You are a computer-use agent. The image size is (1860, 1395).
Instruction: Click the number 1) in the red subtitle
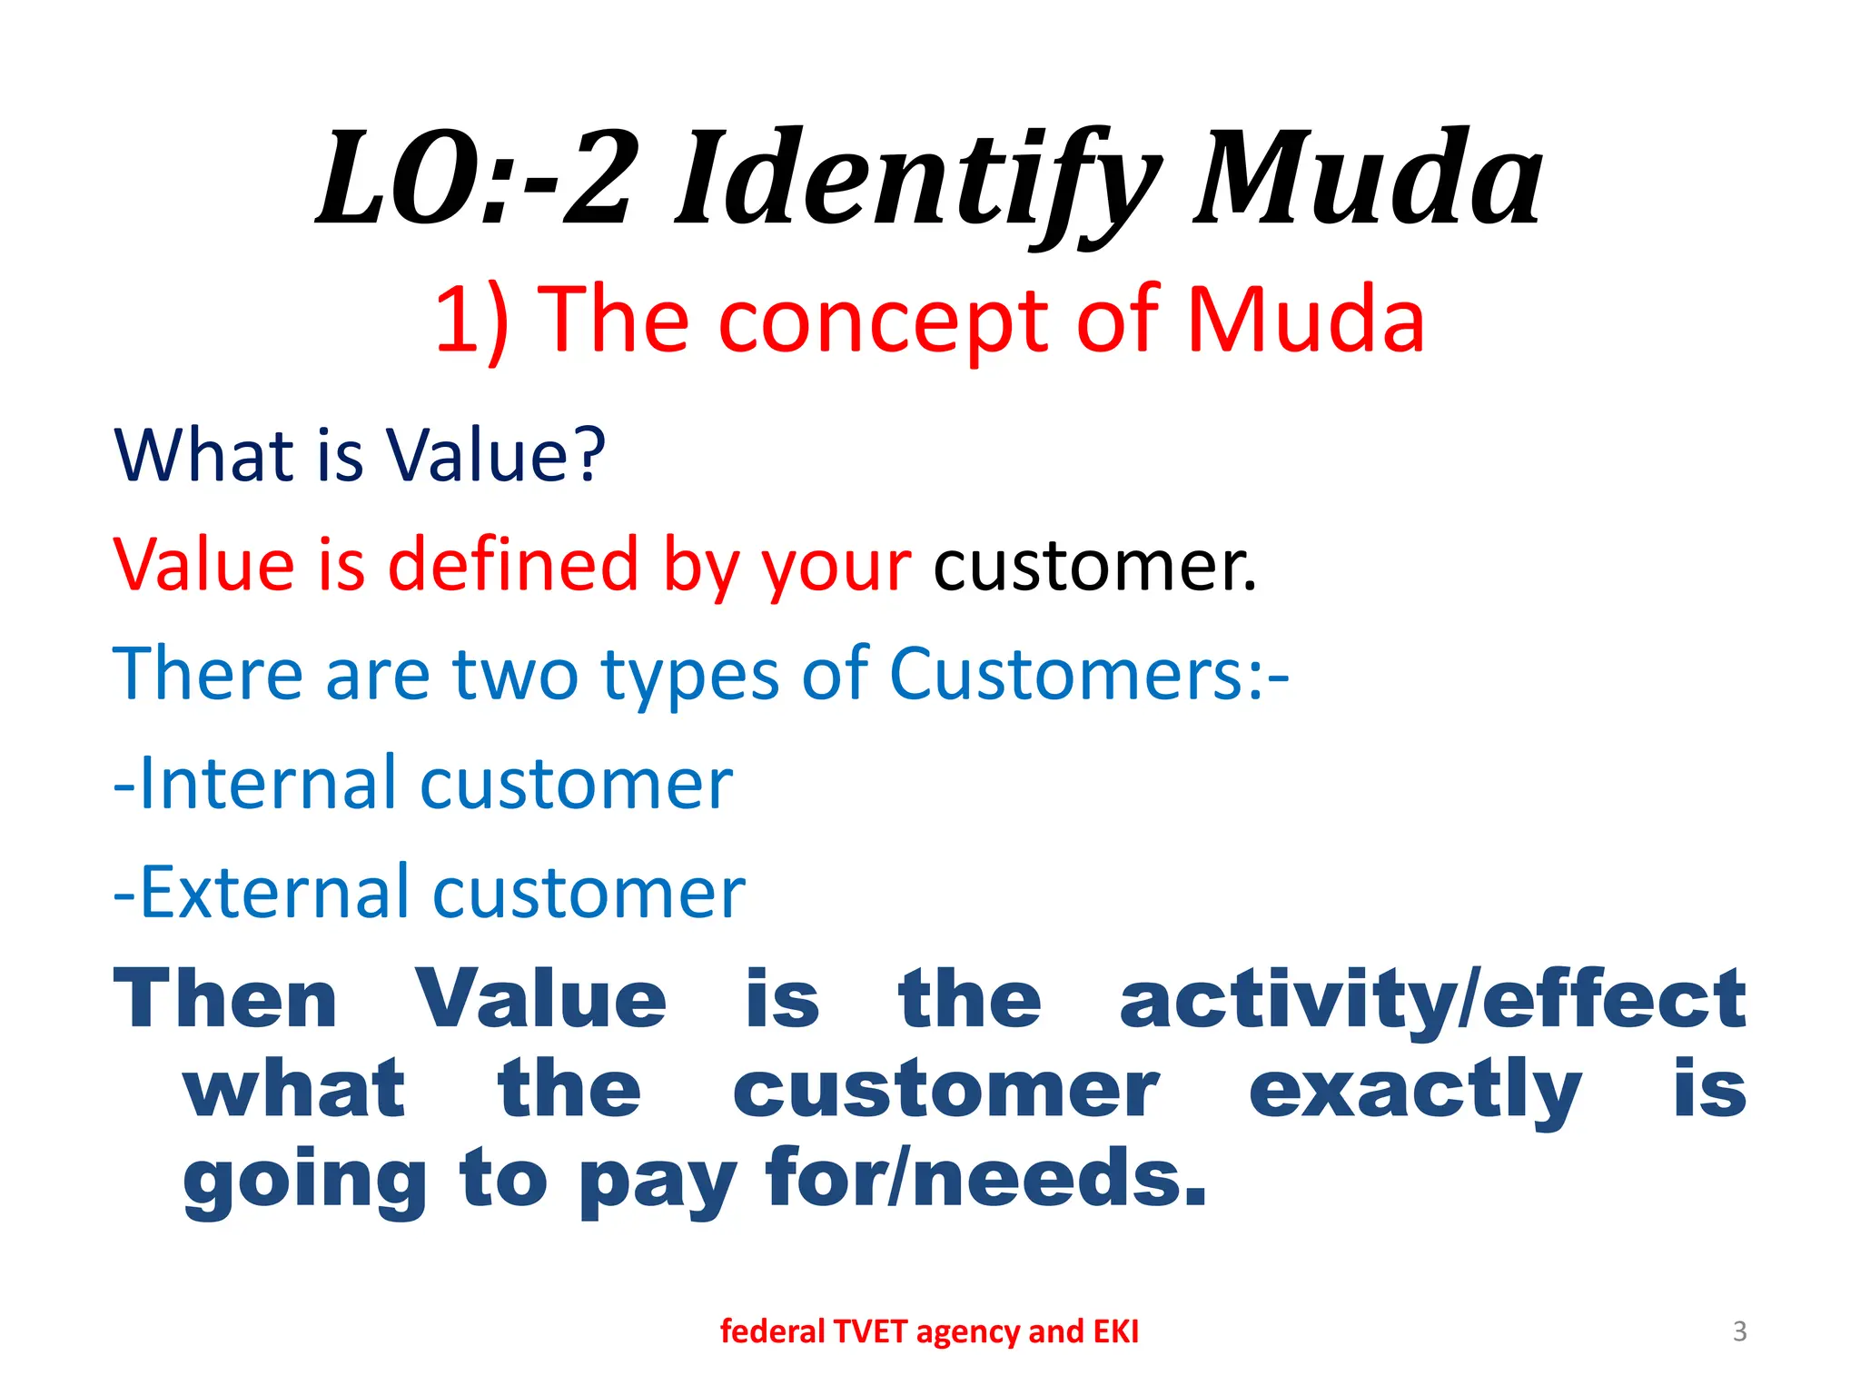click(x=470, y=320)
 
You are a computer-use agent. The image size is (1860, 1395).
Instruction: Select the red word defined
click(x=514, y=564)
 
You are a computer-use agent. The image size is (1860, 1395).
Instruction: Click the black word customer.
click(x=1094, y=566)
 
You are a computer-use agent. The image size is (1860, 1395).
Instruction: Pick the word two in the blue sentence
click(x=515, y=674)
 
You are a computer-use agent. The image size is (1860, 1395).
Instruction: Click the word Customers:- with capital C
click(x=1088, y=674)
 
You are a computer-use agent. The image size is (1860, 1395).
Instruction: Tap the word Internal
click(x=269, y=783)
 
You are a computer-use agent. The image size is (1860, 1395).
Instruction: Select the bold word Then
click(x=225, y=999)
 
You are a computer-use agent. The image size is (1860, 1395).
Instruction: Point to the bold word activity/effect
click(x=1432, y=999)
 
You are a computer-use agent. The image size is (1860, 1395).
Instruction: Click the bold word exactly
click(x=1415, y=1090)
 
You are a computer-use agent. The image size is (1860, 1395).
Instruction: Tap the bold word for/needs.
click(x=986, y=1178)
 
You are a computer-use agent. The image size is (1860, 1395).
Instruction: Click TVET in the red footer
click(x=869, y=1331)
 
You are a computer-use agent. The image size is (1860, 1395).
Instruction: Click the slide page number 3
click(x=1739, y=1331)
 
